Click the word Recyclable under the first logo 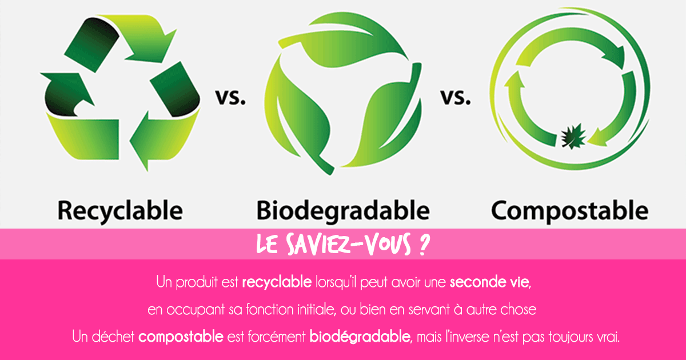tap(120, 210)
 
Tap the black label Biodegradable tap(343, 210)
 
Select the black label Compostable tap(570, 210)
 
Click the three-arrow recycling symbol tap(120, 91)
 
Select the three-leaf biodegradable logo tap(343, 91)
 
